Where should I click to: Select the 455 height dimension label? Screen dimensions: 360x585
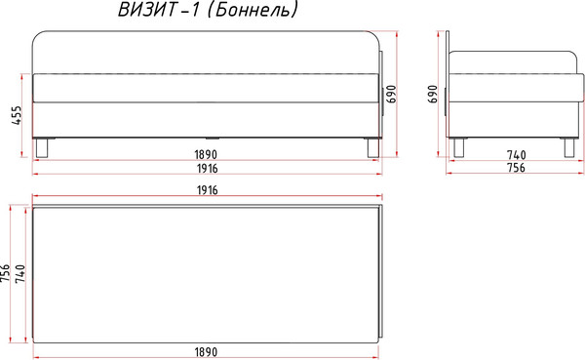tap(17, 116)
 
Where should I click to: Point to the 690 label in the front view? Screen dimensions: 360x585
tap(391, 93)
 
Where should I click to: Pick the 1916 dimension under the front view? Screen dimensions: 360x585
tap(204, 169)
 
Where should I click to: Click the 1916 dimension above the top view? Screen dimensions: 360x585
tap(204, 189)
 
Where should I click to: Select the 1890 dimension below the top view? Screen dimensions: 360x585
tap(204, 351)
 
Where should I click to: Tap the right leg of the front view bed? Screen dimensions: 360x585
tap(371, 146)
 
